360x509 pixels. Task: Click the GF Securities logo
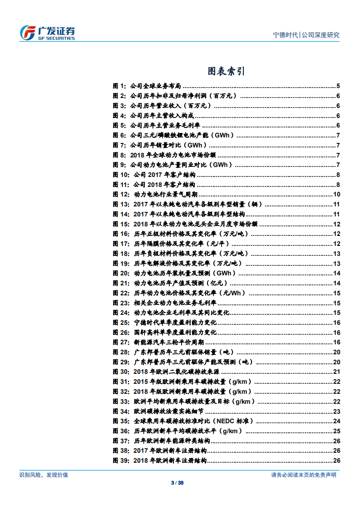click(x=47, y=33)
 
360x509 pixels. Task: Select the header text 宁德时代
click(x=285, y=35)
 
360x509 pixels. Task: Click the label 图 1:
click(x=119, y=86)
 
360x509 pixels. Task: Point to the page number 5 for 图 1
click(x=338, y=86)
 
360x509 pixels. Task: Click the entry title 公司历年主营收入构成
click(x=158, y=115)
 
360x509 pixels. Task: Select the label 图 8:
click(x=119, y=155)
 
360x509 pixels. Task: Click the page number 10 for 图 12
click(x=337, y=195)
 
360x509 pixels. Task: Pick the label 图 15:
click(x=121, y=224)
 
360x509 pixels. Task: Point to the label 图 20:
click(x=121, y=273)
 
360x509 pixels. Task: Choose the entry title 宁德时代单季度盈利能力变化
click(x=176, y=323)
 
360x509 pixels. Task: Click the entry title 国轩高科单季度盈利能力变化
click(x=176, y=333)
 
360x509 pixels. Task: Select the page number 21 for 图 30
click(x=337, y=372)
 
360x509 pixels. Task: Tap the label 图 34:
click(x=121, y=411)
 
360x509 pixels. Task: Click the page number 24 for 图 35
click(x=337, y=421)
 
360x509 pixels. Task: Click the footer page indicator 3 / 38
click(x=180, y=483)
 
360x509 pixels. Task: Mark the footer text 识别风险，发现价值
click(x=44, y=475)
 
